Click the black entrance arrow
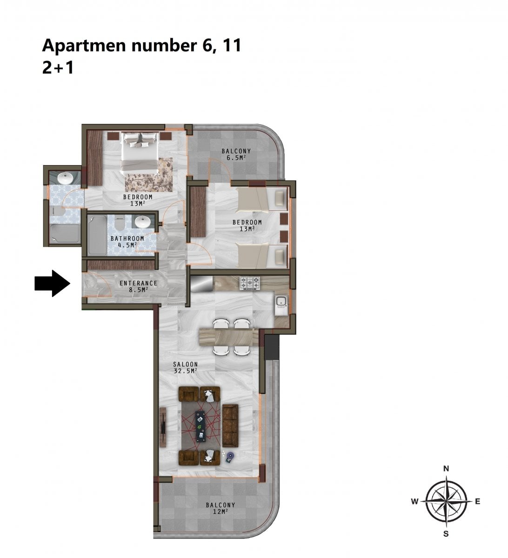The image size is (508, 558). [52, 284]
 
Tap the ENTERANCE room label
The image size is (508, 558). [138, 283]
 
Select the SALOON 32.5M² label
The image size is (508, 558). [186, 367]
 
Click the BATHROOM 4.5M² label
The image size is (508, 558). [127, 242]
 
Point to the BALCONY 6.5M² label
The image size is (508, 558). [236, 154]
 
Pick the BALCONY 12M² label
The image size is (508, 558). [221, 508]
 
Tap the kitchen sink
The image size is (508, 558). [281, 305]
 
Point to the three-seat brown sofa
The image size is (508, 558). [230, 425]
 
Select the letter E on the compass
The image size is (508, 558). [478, 502]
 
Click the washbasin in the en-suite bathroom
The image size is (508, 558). [66, 178]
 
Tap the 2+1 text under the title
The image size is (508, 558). [58, 67]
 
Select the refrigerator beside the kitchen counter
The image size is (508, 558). [201, 283]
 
